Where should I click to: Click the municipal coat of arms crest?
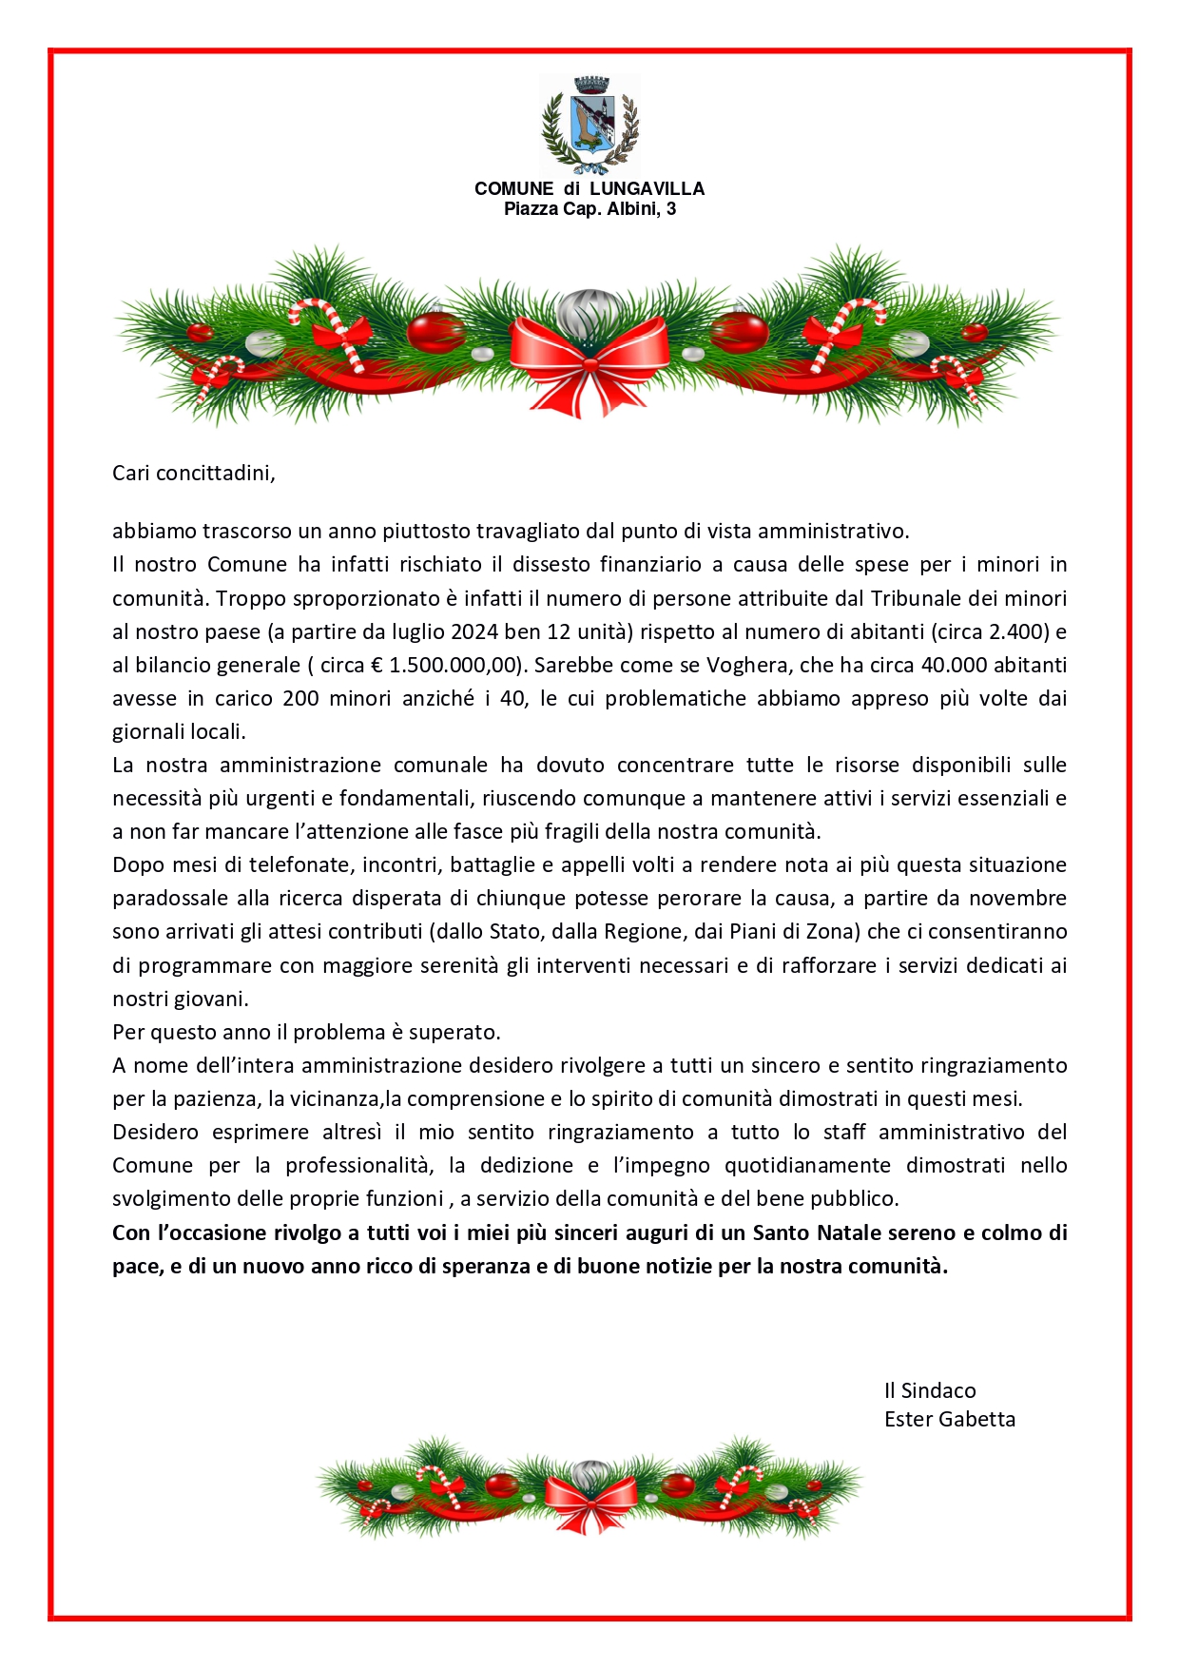(589, 124)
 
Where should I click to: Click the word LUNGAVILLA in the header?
(647, 188)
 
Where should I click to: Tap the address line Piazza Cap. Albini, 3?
(589, 208)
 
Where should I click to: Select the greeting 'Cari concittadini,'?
(194, 473)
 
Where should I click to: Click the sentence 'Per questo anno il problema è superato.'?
(306, 1032)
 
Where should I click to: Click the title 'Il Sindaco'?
(930, 1390)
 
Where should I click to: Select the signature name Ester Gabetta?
(949, 1419)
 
